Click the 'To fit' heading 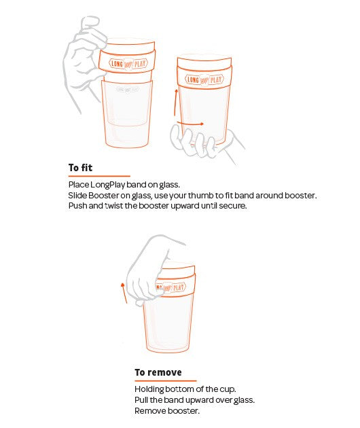coord(80,168)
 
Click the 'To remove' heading coord(158,372)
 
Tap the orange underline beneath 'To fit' coord(99,176)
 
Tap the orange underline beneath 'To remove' coord(166,380)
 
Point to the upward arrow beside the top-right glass coord(175,103)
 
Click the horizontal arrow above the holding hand coord(190,124)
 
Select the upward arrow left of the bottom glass coord(124,293)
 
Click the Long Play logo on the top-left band coord(128,64)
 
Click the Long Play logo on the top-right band coord(204,79)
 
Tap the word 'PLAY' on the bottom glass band coord(179,287)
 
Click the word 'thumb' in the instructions coord(200,196)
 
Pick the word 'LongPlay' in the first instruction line coord(107,185)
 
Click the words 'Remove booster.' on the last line coord(167,411)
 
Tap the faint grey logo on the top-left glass coord(128,89)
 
